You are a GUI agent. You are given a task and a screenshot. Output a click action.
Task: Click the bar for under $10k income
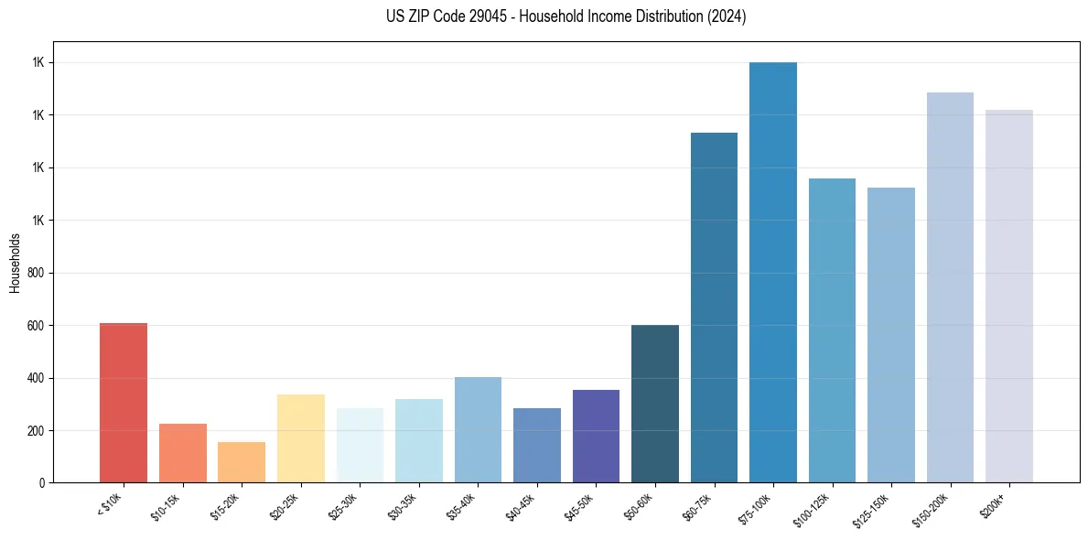[x=124, y=403]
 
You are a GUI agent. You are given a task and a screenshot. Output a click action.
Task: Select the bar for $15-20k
[x=242, y=462]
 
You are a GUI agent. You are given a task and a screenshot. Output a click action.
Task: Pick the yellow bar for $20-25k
[x=301, y=438]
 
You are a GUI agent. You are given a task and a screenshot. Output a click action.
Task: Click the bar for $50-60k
[x=655, y=404]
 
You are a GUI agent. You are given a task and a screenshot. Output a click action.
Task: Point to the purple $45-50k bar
[x=596, y=436]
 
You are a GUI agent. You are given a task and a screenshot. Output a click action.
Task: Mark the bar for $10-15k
[x=183, y=453]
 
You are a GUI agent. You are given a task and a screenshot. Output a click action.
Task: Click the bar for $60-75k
[x=714, y=308]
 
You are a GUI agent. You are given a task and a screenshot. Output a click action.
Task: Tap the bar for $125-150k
[x=891, y=335]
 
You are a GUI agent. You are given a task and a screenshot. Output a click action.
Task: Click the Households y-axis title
[x=16, y=263]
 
